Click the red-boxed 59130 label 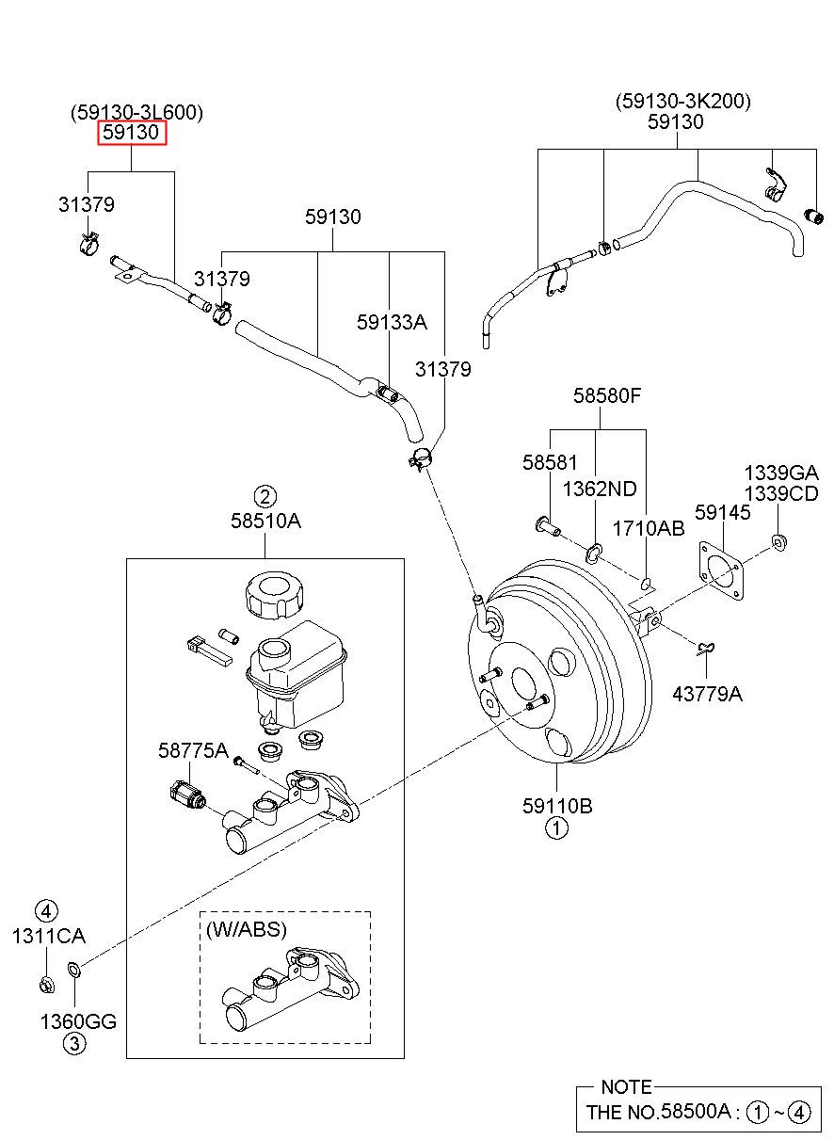131,133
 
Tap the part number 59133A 392,322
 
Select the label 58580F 607,395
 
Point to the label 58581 550,462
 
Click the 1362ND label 600,490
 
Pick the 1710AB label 649,529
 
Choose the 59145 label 723,512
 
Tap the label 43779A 707,694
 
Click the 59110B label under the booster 557,806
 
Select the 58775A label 193,750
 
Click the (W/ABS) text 247,930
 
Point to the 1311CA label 48,937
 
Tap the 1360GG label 78,1021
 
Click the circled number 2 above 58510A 265,496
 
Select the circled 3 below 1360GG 74,1044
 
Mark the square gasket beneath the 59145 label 721,570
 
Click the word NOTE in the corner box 626,1087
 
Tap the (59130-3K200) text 682,102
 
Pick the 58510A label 265,522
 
